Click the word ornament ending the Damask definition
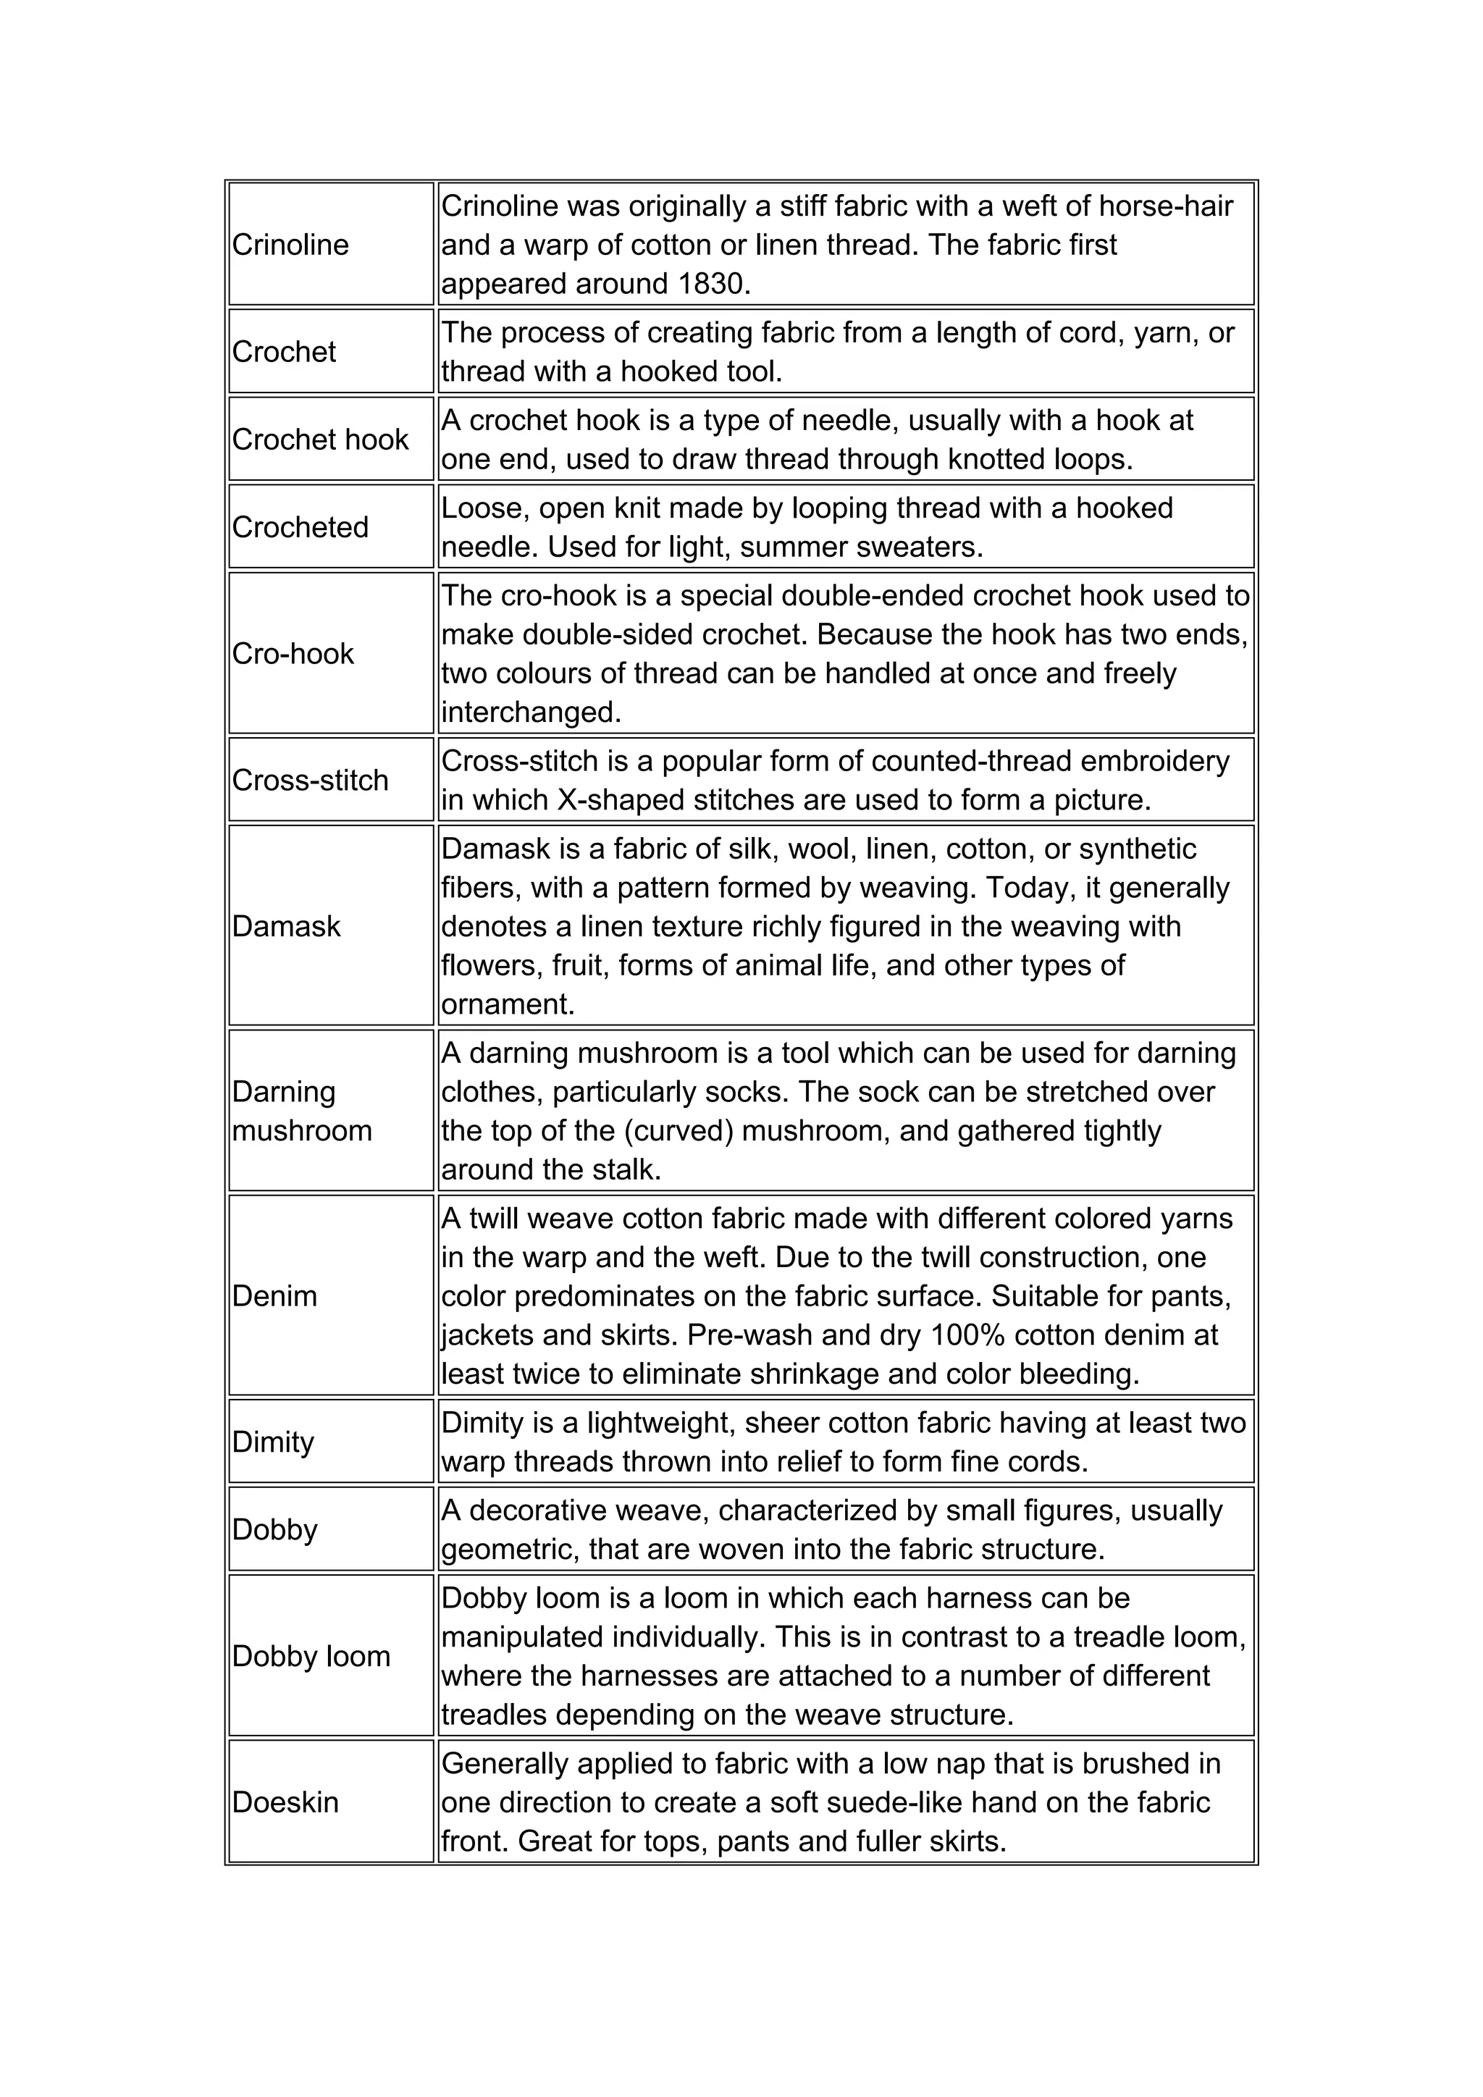coord(507,1004)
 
